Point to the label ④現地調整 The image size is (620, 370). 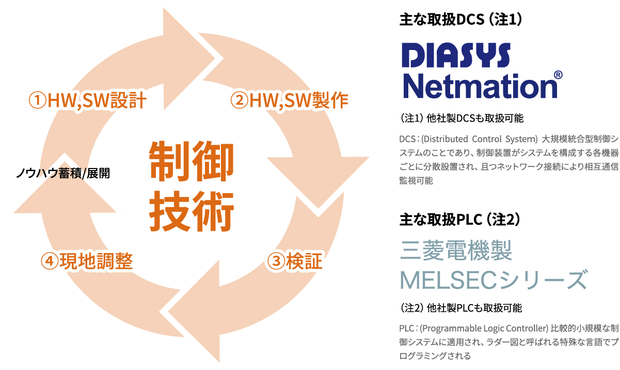click(87, 261)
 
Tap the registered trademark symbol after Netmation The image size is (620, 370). click(558, 75)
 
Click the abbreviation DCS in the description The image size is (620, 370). click(406, 139)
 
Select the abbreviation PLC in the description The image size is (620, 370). click(406, 328)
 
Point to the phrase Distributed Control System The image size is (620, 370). click(480, 139)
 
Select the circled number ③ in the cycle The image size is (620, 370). click(276, 262)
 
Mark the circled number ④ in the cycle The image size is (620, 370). click(49, 261)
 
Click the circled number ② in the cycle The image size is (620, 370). click(239, 100)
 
